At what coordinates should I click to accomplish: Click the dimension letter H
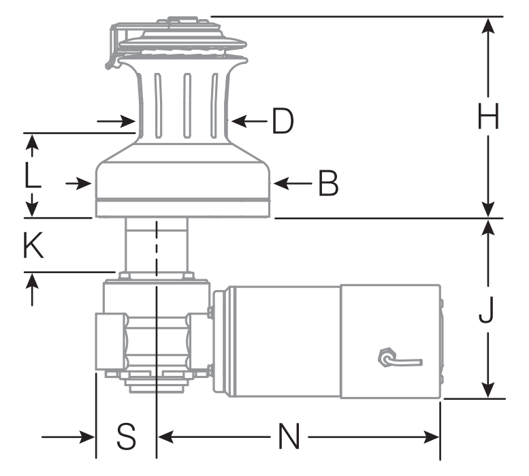[488, 117]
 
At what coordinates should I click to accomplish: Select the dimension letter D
[282, 121]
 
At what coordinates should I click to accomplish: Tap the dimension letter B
[328, 183]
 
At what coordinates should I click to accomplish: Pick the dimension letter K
[32, 247]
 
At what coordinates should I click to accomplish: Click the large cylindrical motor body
[286, 340]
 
